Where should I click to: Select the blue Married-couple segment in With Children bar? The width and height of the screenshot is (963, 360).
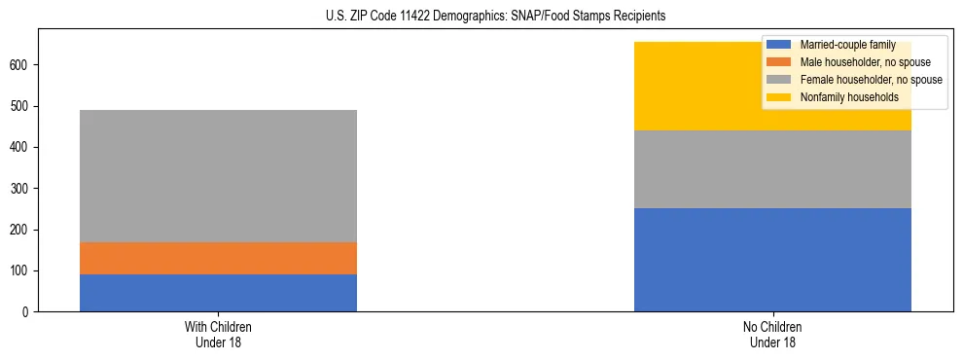(218, 293)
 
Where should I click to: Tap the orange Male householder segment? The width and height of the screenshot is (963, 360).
(218, 258)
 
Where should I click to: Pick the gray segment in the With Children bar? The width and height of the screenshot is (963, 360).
(218, 176)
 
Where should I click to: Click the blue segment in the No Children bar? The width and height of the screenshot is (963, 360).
(772, 260)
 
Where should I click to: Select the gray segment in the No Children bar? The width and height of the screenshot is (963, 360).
(772, 169)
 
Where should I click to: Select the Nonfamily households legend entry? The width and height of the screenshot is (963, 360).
(842, 97)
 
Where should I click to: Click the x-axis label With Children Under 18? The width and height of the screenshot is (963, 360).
(218, 334)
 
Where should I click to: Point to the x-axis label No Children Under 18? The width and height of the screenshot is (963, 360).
(772, 334)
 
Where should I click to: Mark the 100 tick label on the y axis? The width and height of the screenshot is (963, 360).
(21, 271)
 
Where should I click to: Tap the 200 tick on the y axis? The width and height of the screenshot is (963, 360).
(21, 230)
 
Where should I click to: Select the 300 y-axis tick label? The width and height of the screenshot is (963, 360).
(21, 189)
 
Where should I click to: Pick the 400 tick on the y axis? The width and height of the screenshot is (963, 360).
(21, 148)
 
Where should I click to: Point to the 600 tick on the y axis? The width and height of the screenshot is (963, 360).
(21, 65)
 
